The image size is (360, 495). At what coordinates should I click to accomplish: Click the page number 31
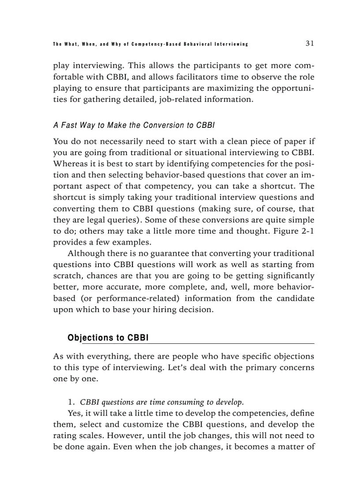[x=309, y=43]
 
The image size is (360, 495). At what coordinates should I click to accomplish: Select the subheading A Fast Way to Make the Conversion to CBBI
[x=134, y=125]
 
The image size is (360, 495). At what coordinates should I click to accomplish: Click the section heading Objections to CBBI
[x=108, y=338]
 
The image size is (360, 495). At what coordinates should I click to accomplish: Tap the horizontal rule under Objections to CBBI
[x=199, y=343]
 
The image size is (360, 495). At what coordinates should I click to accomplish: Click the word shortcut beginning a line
[x=68, y=197]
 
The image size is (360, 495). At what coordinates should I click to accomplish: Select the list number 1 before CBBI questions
[x=70, y=402]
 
